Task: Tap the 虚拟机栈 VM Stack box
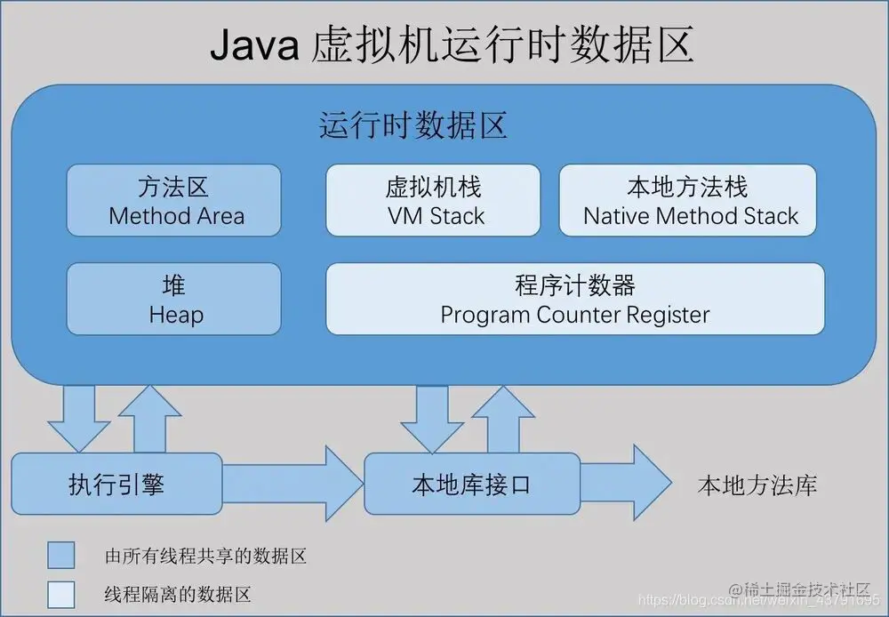click(x=434, y=201)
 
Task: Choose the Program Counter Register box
click(x=575, y=300)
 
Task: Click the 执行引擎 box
click(x=116, y=485)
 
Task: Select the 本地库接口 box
click(x=471, y=485)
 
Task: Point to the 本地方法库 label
click(x=757, y=485)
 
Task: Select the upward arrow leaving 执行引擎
click(x=148, y=421)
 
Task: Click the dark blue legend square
click(x=61, y=556)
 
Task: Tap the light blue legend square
click(x=61, y=593)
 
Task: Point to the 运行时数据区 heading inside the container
click(x=413, y=126)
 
